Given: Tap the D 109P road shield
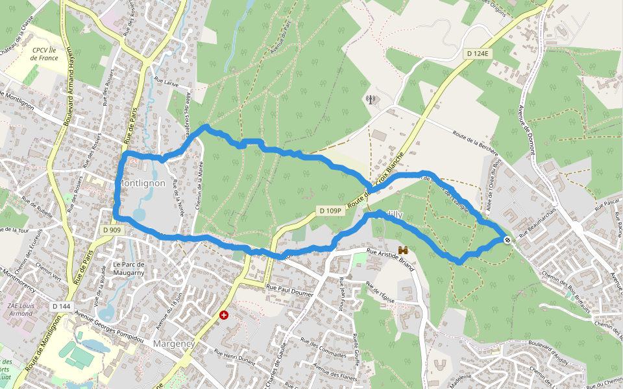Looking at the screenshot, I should pos(330,211).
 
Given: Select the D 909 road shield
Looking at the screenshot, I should pos(112,230).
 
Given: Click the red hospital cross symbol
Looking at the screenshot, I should pos(224,315).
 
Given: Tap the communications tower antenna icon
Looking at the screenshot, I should pos(371,100).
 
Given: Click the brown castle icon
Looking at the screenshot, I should pos(403,250).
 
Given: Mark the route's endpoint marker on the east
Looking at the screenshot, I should pos(507,240).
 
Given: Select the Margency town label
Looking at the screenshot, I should pos(174,343).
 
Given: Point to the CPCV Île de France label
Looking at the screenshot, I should pos(44,53).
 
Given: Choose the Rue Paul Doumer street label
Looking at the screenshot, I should pos(289,291).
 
